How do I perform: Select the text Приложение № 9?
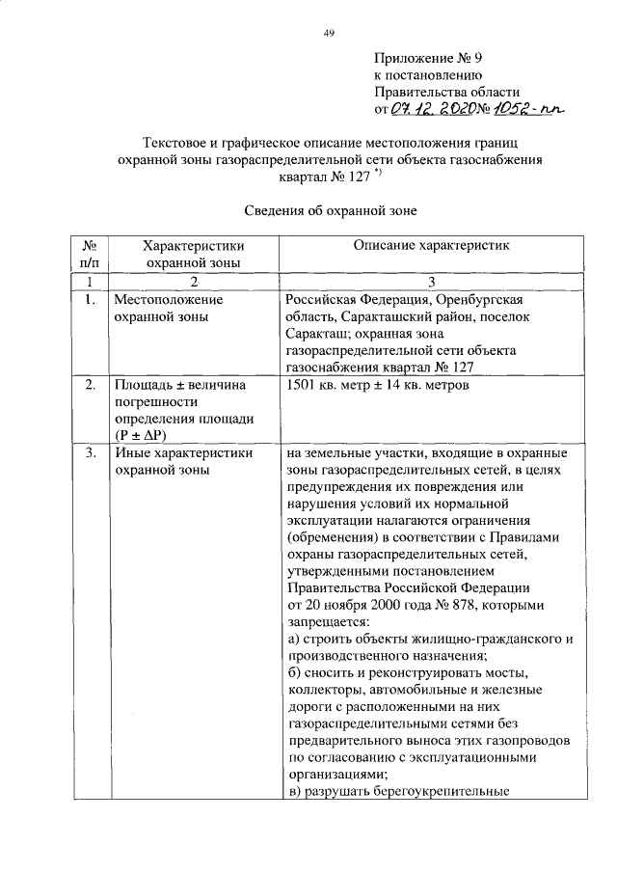point(427,57)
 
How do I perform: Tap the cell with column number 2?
point(193,281)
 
